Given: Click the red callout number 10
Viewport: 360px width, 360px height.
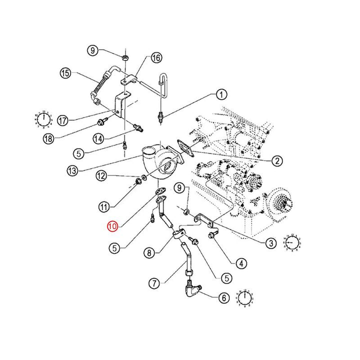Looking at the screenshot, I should [112, 226].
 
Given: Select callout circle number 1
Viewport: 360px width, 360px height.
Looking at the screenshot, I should [221, 94].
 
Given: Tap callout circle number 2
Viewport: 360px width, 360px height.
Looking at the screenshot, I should [276, 160].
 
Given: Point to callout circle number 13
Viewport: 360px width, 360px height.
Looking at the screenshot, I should [73, 170].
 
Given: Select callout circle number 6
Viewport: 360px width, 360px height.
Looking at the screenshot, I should [223, 297].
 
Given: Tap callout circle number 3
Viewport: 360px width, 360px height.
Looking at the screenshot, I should [270, 243].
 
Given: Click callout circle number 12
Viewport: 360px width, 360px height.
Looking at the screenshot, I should [101, 175].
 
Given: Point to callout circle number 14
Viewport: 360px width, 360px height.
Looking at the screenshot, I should [98, 137].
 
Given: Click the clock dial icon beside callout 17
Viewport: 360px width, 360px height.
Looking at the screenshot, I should [44, 119].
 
